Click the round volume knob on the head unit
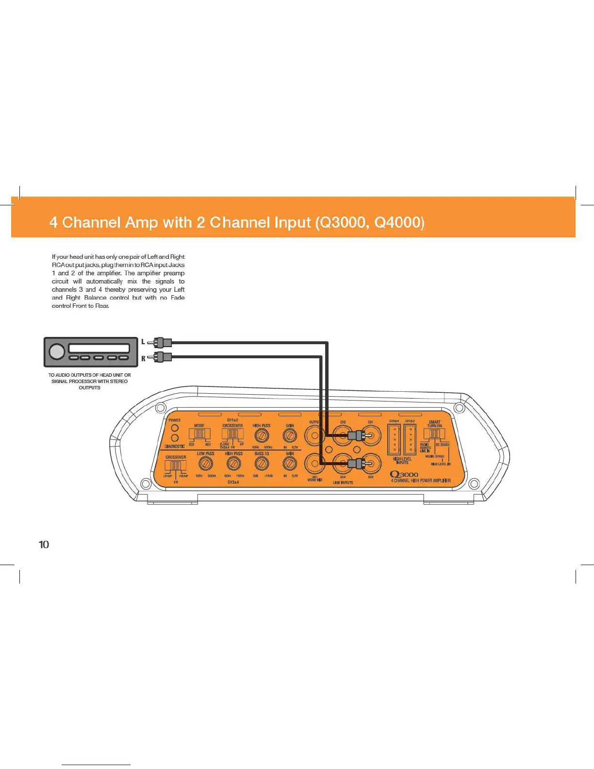pos(57,352)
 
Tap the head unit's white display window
pos(99,348)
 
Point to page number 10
pos(44,545)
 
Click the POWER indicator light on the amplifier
pos(175,428)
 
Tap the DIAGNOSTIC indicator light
pos(175,438)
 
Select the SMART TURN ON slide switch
pos(434,434)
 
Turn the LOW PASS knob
pos(206,464)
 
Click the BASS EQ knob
pos(262,464)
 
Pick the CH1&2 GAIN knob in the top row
pos(290,436)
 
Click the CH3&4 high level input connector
pos(394,440)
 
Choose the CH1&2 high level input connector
pos(410,440)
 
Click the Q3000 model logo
pos(404,474)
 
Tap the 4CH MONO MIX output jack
pos(314,464)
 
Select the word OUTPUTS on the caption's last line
pos(89,388)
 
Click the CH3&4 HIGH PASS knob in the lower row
pos(233,464)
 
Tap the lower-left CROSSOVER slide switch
pos(175,466)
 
